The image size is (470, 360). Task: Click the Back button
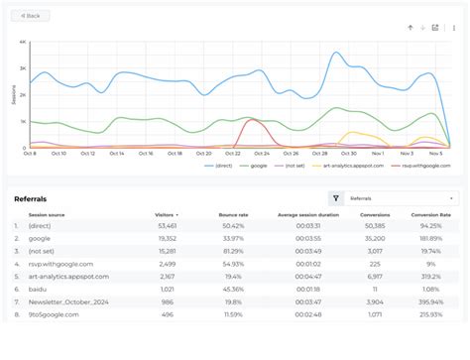[x=31, y=16]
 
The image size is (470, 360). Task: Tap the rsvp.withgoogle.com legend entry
[x=427, y=166]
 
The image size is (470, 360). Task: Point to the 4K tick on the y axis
[x=22, y=43]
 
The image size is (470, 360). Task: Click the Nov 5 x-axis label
[x=435, y=154]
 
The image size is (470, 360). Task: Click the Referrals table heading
[x=30, y=199]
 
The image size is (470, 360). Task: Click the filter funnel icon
[x=336, y=198]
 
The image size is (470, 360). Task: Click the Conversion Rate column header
[x=432, y=214]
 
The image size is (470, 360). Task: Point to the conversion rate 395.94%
[x=429, y=301]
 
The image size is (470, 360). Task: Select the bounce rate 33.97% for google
[x=233, y=239]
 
